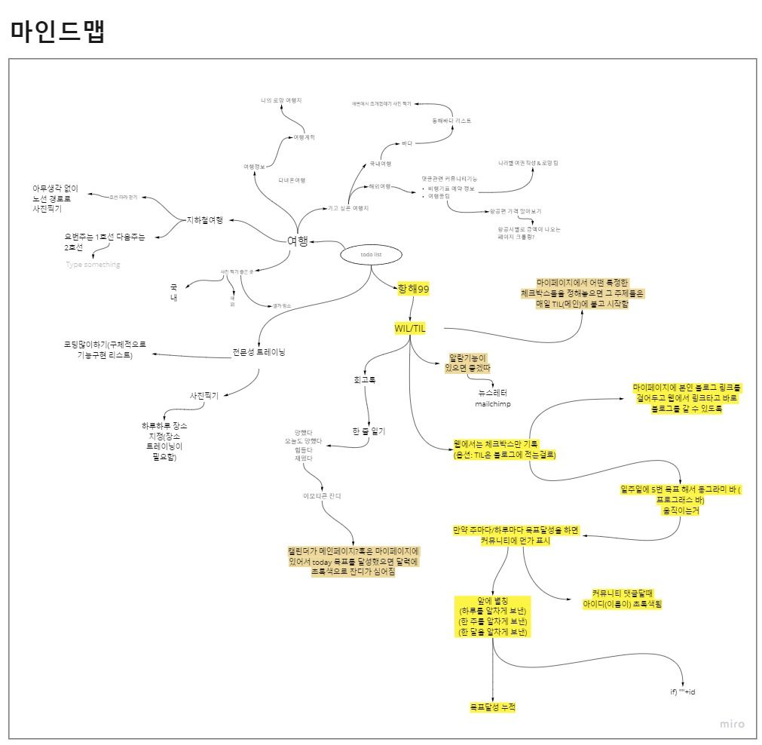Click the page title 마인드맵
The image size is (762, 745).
coord(57,31)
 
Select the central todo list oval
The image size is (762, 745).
coord(371,255)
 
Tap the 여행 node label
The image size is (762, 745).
coord(298,241)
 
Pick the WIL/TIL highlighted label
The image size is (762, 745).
coord(410,328)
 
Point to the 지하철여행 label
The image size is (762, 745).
coord(205,220)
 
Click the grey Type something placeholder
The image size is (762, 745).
coord(93,265)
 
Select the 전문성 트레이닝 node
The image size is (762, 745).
coord(259,352)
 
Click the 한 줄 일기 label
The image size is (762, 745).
coord(369,431)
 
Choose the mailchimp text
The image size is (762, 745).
coord(492,404)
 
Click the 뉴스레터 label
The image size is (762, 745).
coord(493,393)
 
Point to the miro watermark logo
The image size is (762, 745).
coord(731,724)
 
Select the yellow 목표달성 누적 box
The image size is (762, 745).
coord(493,707)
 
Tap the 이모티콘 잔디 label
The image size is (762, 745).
coord(322,495)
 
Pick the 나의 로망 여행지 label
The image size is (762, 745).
coord(281,100)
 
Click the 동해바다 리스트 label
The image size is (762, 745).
coord(451,121)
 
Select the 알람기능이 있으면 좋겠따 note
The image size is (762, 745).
coord(470,363)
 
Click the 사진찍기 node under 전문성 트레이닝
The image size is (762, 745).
coord(204,396)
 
